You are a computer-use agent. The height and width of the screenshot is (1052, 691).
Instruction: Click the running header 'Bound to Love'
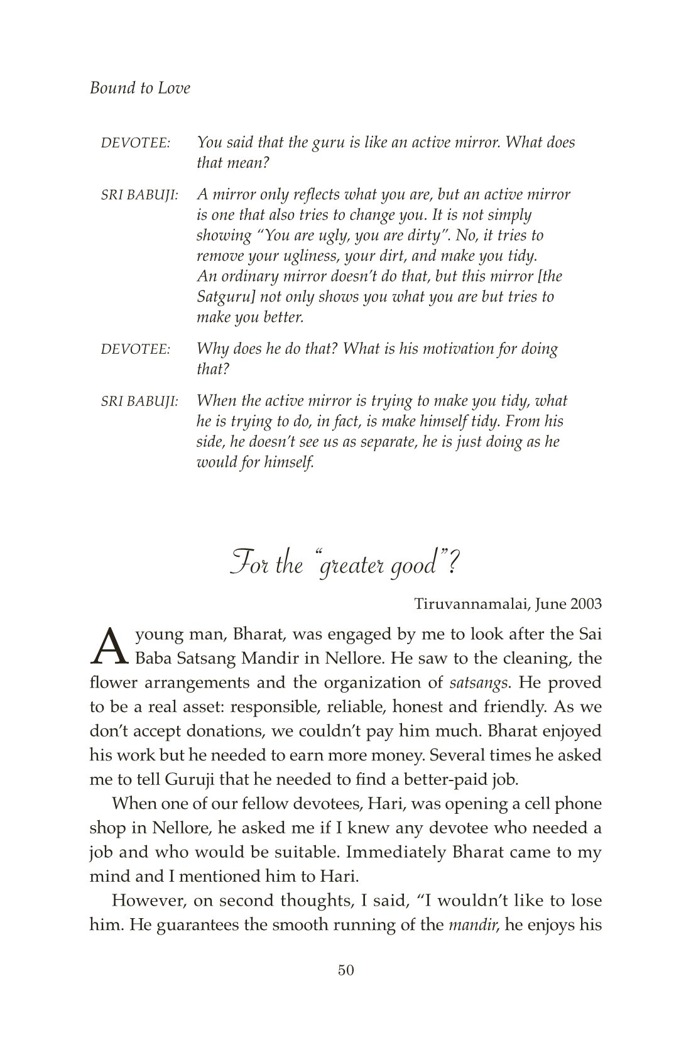click(139, 88)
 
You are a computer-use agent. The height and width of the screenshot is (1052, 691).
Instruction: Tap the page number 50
click(346, 988)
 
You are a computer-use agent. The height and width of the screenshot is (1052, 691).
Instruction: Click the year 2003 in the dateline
click(586, 605)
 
